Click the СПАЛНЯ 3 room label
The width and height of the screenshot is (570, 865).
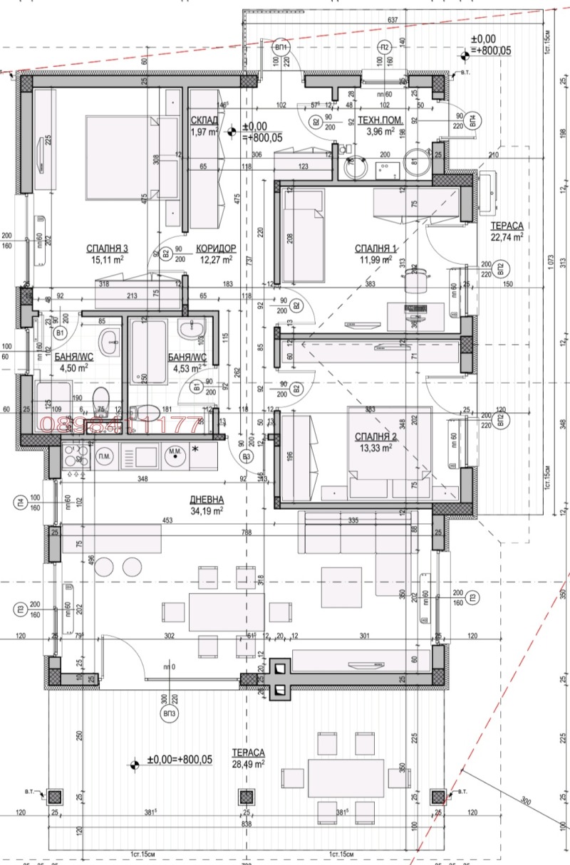(x=107, y=248)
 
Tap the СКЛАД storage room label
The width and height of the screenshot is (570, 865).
(x=204, y=120)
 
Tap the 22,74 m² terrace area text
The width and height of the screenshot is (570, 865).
(x=507, y=237)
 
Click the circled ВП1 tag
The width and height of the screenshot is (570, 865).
(x=282, y=48)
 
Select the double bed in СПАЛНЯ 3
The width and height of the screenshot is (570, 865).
(x=130, y=162)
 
